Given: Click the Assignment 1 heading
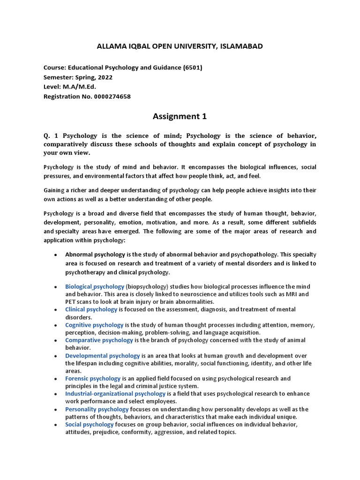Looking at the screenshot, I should [x=180, y=116].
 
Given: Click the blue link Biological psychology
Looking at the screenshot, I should [x=95, y=286].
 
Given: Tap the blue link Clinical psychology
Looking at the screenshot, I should [x=91, y=309].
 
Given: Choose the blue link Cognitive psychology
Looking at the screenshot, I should [x=94, y=325].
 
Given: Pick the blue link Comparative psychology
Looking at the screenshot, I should [x=99, y=340].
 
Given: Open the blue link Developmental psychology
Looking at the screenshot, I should [x=103, y=356].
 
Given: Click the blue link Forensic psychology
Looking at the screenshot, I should [x=93, y=378].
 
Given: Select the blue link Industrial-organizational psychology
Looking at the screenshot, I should [x=115, y=394].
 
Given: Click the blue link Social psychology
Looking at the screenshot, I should [x=90, y=424].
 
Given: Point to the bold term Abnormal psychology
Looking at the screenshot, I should [x=95, y=255].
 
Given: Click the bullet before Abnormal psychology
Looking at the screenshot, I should [x=56, y=255].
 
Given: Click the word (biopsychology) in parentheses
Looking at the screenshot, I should [x=147, y=286].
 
